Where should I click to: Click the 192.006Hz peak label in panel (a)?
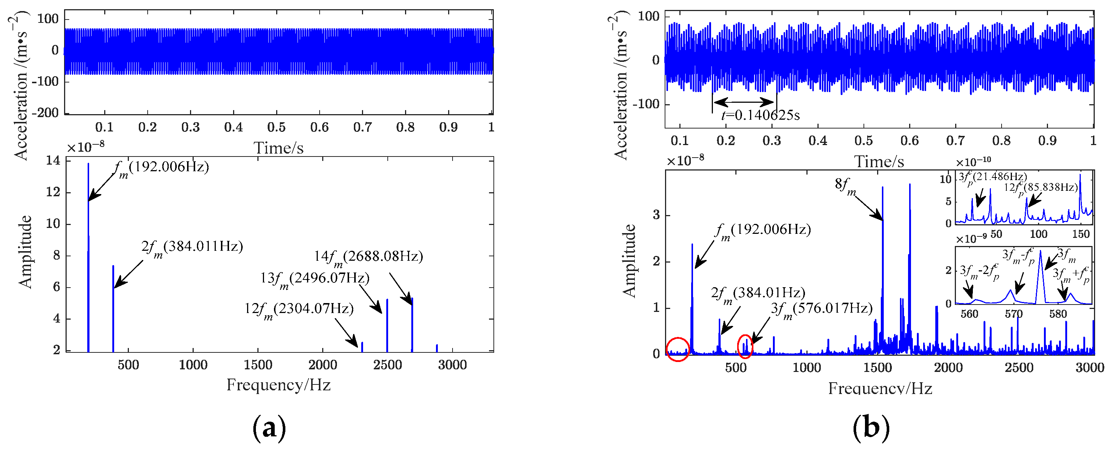pyautogui.click(x=162, y=167)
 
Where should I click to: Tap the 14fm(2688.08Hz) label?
pyautogui.click(x=368, y=257)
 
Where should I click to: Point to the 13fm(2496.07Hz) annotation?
pyautogui.click(x=314, y=278)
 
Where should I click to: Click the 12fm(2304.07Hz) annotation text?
pyautogui.click(x=299, y=309)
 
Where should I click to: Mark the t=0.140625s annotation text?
pyautogui.click(x=760, y=115)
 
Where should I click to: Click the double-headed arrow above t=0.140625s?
pyautogui.click(x=744, y=102)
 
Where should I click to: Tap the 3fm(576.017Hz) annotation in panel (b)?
pyautogui.click(x=822, y=309)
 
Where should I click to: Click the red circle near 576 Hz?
pyautogui.click(x=745, y=346)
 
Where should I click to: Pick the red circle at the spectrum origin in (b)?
pyautogui.click(x=678, y=349)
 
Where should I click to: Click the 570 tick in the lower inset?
pyautogui.click(x=1013, y=314)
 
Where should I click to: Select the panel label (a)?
pyautogui.click(x=269, y=428)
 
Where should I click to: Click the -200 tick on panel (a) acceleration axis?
pyautogui.click(x=47, y=113)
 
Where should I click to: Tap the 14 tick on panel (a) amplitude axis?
pyautogui.click(x=53, y=161)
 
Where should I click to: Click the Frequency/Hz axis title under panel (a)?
pyautogui.click(x=278, y=384)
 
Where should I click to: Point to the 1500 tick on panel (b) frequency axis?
pyautogui.click(x=877, y=368)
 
